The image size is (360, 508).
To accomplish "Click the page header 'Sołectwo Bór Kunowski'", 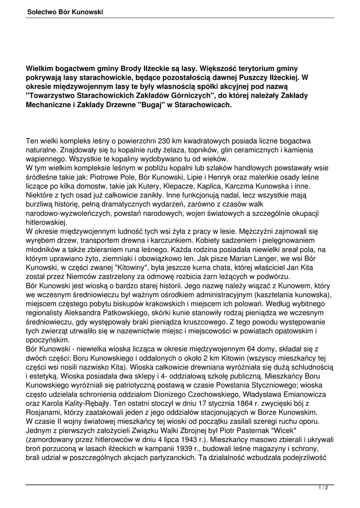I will [x=65, y=12].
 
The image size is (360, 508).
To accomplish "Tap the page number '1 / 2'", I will [x=323, y=488].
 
